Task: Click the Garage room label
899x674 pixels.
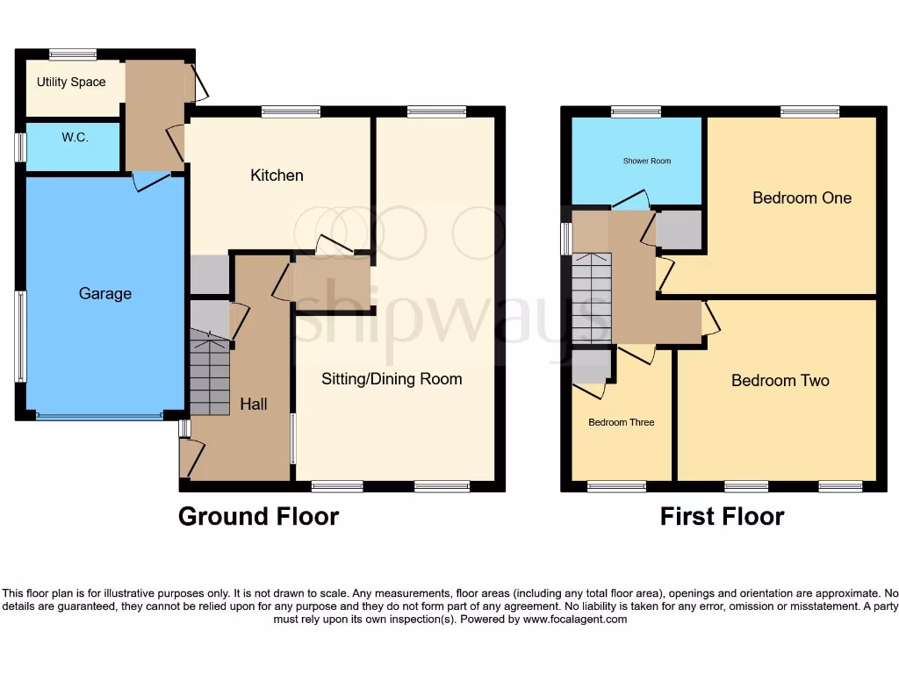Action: (x=105, y=294)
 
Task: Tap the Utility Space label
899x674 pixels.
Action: (x=71, y=82)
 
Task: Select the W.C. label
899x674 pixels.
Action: (x=75, y=138)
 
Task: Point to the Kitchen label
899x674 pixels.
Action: (x=277, y=176)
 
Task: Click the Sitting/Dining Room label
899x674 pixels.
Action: (x=392, y=379)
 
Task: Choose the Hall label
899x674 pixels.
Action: (x=254, y=405)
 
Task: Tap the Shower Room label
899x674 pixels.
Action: (x=646, y=161)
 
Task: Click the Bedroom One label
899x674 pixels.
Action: (x=802, y=198)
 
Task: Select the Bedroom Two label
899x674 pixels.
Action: (x=780, y=381)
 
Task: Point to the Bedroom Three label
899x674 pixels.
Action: (x=621, y=423)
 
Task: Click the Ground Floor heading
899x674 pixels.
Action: (x=258, y=516)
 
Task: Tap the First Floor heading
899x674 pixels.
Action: (x=722, y=516)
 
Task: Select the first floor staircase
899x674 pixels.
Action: (x=591, y=298)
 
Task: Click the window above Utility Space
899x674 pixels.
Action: (x=73, y=54)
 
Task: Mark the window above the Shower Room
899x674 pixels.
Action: (x=636, y=111)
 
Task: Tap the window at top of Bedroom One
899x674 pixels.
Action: (x=809, y=111)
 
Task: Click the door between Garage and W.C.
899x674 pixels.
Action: (x=149, y=180)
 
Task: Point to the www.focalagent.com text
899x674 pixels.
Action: (x=576, y=620)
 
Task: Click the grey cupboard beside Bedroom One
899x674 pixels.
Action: (x=679, y=230)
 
